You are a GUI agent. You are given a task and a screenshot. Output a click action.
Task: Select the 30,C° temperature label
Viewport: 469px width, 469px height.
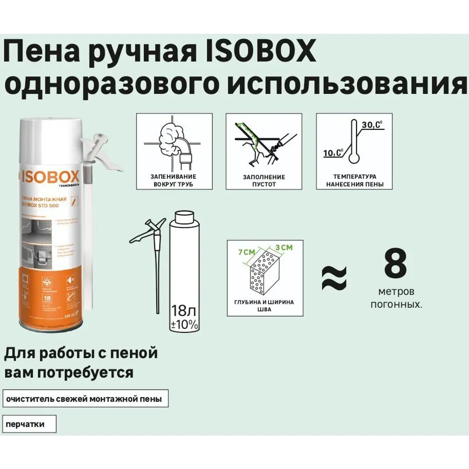coord(372,125)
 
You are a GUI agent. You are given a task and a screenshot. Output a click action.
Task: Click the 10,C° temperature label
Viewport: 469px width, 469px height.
coord(333,152)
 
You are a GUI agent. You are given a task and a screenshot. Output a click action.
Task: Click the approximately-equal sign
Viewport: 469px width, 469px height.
coord(334,278)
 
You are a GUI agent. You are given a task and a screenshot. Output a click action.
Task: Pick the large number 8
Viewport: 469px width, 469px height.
coord(395,264)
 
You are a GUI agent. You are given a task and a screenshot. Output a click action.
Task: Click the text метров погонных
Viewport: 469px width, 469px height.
coord(396,298)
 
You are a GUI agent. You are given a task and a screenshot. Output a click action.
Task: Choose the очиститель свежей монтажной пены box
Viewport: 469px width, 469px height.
coord(85,400)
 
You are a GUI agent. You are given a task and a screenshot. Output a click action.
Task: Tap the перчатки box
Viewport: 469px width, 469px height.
coord(29,424)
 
